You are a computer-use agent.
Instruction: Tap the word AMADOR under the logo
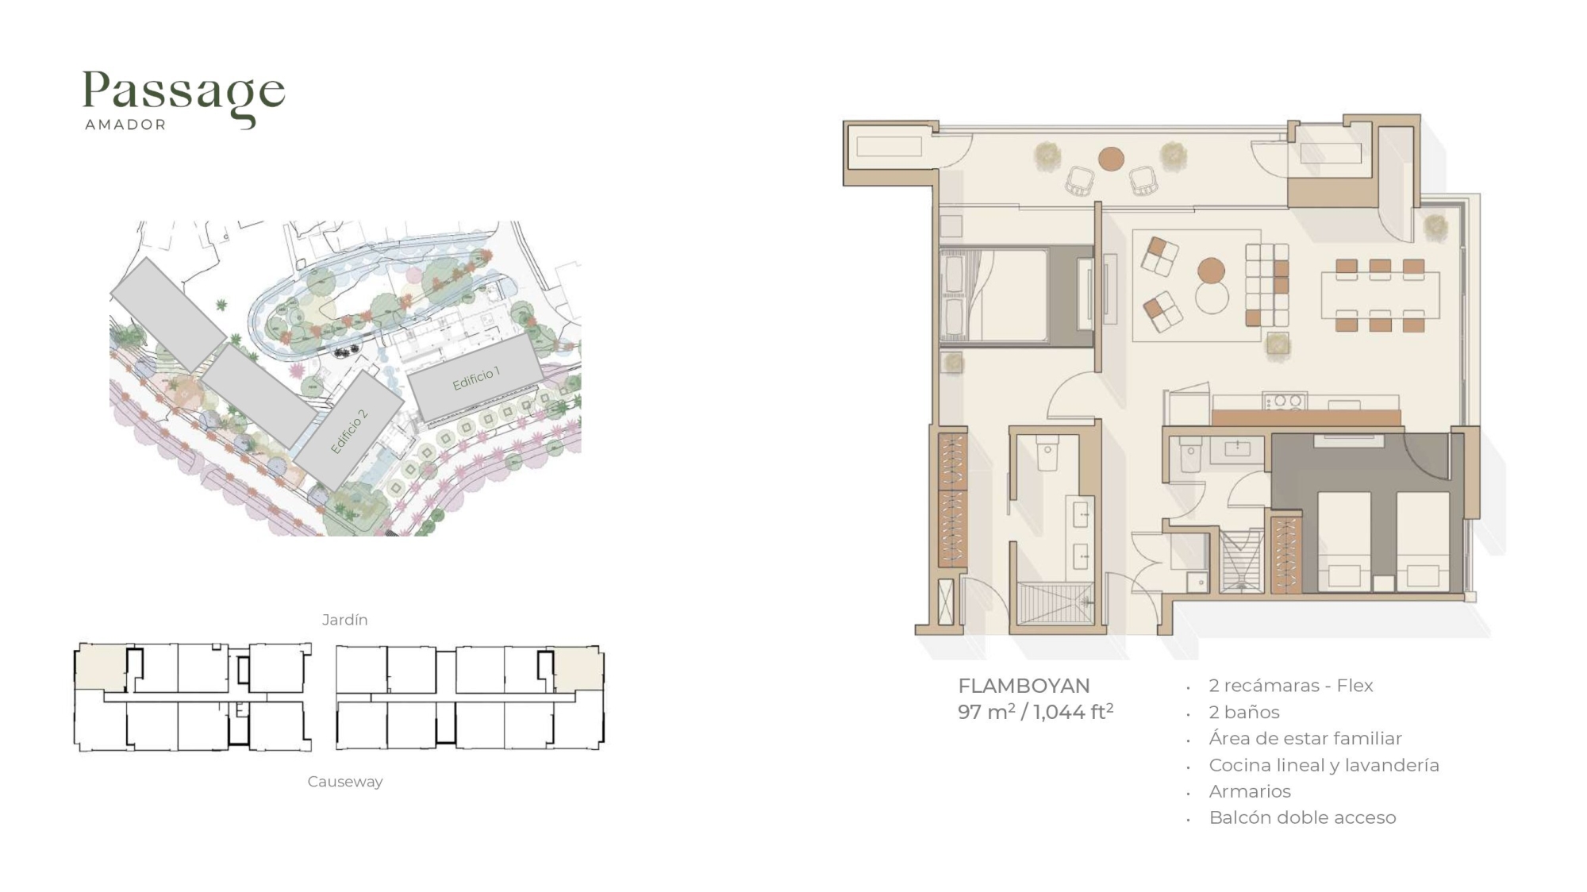point(125,125)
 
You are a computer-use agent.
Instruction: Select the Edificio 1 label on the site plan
point(476,379)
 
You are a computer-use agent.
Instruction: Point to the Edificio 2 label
point(349,432)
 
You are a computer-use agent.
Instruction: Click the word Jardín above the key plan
point(344,620)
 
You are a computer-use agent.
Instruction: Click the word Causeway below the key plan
point(344,782)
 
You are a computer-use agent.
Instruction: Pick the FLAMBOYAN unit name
point(1024,686)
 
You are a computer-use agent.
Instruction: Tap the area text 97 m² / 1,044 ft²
point(1036,711)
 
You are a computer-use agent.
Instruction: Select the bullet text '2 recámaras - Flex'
point(1290,686)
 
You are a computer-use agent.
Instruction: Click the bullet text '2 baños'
point(1243,712)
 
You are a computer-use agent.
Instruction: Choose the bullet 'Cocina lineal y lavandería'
point(1324,765)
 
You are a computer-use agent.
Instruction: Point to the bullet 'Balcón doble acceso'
point(1302,817)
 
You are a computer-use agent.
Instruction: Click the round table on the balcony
point(1111,159)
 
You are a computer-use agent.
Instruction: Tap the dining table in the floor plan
point(1380,295)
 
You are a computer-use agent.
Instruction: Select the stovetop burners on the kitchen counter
point(1285,402)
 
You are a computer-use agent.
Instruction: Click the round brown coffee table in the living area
point(1211,271)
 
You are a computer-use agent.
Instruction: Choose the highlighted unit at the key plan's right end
point(578,670)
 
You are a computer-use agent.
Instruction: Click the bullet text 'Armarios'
point(1249,791)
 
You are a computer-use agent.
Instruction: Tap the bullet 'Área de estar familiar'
point(1305,738)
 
